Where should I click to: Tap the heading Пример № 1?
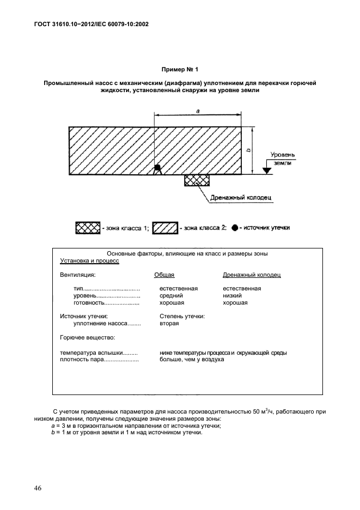[x=180, y=70]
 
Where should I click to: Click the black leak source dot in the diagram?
[x=157, y=168]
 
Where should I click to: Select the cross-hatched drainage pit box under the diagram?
[x=197, y=180]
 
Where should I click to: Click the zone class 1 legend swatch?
[x=88, y=228]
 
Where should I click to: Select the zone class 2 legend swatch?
[x=164, y=228]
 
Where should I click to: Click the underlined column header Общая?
[x=164, y=275]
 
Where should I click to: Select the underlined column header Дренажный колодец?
[x=252, y=275]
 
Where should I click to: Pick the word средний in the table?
[x=171, y=295]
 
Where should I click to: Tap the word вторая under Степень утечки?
[x=169, y=323]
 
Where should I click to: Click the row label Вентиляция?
[x=77, y=275]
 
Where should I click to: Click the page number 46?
[x=38, y=487]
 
